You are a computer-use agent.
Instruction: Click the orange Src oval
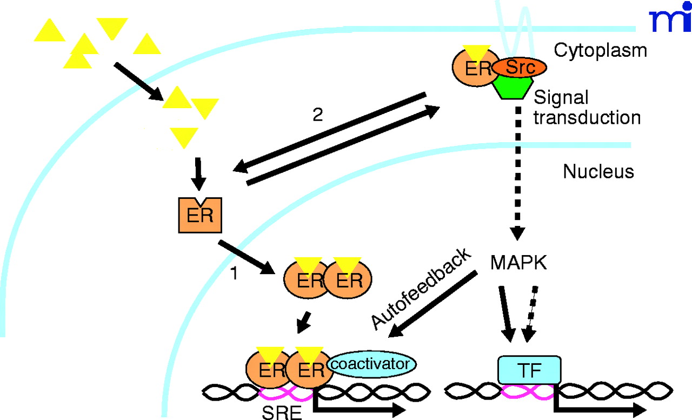(519, 67)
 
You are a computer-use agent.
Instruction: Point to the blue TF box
(528, 370)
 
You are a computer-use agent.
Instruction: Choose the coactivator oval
(370, 364)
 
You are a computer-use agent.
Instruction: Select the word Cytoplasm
(600, 50)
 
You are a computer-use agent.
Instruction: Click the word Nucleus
(598, 172)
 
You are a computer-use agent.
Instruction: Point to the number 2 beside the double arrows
(318, 116)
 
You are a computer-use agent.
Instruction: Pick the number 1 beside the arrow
(234, 275)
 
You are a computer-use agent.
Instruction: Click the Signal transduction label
(587, 108)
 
